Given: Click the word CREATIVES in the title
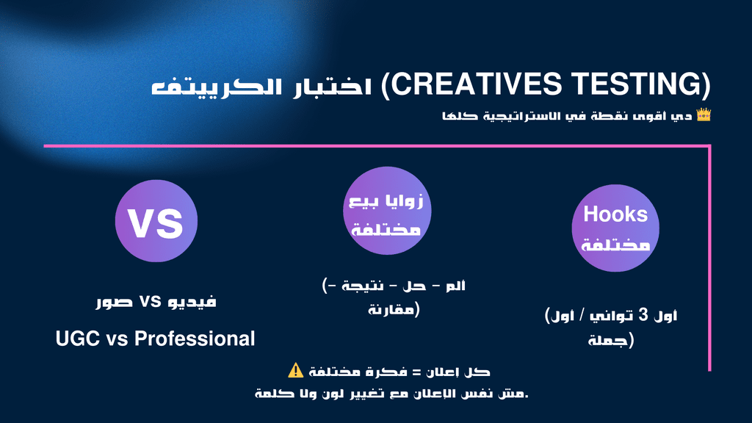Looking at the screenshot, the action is (476, 84).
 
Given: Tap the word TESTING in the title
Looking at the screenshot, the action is (637, 84).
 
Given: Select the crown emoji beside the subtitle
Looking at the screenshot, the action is (704, 115).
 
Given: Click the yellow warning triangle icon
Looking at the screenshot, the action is (296, 371).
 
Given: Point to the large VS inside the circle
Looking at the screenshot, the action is (156, 223).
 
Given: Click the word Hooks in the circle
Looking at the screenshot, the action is (615, 214).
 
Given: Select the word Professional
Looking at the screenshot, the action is (194, 339).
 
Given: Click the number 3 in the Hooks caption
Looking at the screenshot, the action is (643, 315).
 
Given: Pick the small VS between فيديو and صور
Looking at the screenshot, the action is (150, 302).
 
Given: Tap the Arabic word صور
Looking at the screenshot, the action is (114, 303).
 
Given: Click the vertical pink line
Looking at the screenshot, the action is (709, 258).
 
